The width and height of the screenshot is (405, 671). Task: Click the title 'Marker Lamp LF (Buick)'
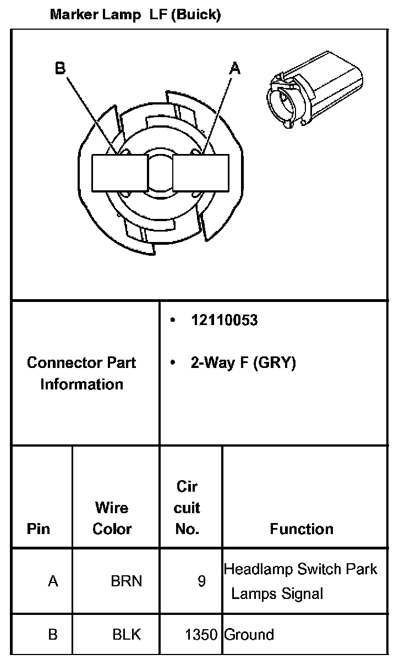pos(135,15)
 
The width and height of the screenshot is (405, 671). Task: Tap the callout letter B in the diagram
pos(60,68)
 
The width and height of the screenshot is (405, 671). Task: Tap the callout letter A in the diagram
pos(235,68)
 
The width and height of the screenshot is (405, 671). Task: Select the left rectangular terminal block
pos(119,172)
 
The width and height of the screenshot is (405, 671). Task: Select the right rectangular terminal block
pos(200,172)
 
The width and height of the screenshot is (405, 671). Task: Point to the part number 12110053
pos(225,321)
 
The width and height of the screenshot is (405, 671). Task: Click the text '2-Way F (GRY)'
pos(243,363)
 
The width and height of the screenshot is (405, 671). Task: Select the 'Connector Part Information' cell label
pos(81,373)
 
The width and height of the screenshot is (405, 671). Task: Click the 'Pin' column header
pos(39,529)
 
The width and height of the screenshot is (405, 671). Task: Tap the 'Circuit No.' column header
pos(187,508)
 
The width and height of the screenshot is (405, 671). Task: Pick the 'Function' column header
pos(302,529)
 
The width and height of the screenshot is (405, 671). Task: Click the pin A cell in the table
pos(53,581)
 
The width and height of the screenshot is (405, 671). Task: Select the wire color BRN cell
pos(127,581)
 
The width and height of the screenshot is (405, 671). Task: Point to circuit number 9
pos(202,581)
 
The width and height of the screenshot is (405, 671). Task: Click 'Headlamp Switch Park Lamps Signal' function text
pos(300,581)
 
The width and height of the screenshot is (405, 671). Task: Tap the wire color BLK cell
pos(127,634)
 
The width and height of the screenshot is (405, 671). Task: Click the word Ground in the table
pos(249,634)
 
